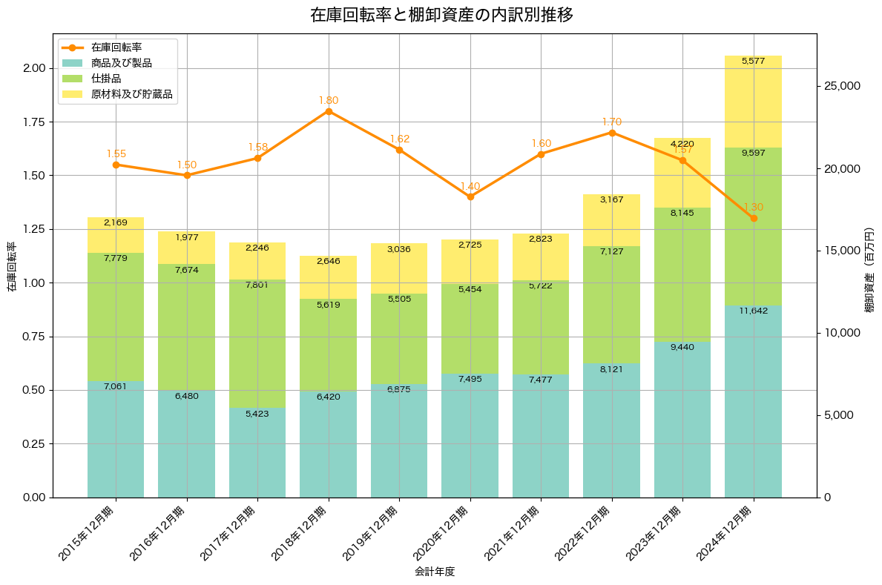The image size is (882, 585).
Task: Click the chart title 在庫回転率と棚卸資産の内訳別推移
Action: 441,15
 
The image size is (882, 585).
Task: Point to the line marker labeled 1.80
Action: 329,111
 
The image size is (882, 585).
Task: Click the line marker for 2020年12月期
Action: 470,196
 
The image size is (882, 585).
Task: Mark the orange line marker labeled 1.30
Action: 754,218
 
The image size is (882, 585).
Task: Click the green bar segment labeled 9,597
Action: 753,226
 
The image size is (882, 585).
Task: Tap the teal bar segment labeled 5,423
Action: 257,452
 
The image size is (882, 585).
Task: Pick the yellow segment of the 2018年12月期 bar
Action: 329,277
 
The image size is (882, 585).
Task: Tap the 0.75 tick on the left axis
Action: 34,337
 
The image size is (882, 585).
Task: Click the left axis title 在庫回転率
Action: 12,266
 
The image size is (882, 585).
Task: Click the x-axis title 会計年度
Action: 435,572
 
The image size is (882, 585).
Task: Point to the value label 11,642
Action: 753,311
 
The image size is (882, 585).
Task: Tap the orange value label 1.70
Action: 612,122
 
